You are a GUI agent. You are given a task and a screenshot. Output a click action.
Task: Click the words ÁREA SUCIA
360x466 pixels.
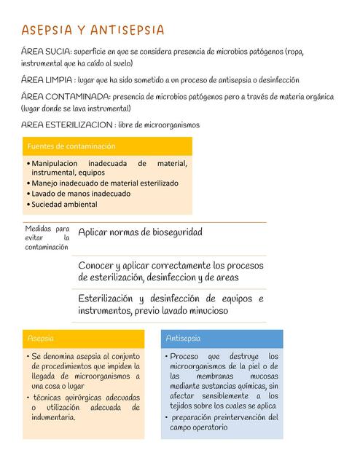(46, 52)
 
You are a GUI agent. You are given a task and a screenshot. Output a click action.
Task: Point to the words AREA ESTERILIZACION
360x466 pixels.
(68, 124)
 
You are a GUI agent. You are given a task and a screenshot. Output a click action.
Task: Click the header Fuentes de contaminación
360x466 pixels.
(71, 146)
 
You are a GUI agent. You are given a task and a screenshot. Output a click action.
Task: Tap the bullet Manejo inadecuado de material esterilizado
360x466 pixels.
(104, 183)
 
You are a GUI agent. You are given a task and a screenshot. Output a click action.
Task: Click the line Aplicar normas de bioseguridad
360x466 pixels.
(140, 232)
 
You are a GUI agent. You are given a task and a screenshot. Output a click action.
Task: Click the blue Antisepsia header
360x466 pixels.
(183, 339)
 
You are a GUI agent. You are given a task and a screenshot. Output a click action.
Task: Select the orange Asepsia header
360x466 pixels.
(40, 339)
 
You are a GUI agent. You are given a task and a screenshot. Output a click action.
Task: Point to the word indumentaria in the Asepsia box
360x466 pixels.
(53, 417)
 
